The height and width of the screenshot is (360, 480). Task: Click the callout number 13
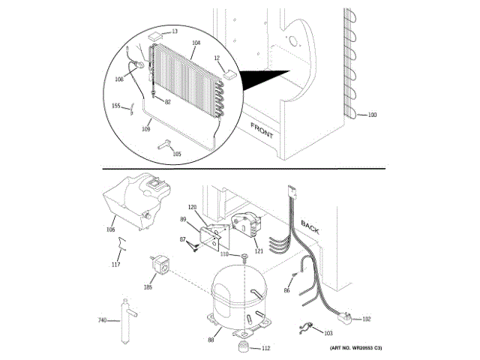(175, 31)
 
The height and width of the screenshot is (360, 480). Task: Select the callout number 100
(372, 115)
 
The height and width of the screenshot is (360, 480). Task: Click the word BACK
(310, 226)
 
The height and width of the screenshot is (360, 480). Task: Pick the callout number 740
(103, 321)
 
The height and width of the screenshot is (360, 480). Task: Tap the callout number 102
(366, 319)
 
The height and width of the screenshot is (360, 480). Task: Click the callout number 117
(115, 264)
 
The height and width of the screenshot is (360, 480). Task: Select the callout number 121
(259, 251)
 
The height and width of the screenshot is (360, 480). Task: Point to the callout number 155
(116, 106)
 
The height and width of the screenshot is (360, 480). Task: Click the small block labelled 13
(156, 34)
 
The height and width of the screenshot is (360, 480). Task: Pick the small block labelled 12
(228, 73)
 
